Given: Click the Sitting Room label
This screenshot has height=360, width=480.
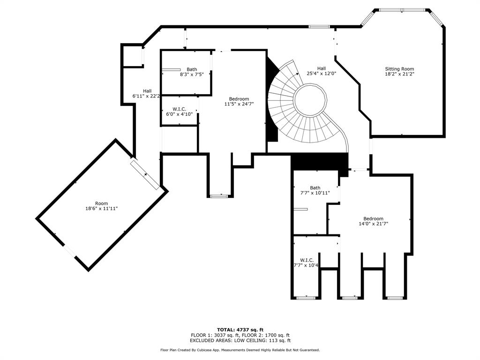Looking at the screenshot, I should pos(399,69).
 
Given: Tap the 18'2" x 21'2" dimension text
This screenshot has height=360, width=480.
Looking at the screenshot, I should pos(399,74).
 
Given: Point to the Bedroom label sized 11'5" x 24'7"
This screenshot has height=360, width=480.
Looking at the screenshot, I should pos(239,99).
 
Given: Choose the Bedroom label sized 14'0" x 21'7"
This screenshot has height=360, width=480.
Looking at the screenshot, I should pos(373,218).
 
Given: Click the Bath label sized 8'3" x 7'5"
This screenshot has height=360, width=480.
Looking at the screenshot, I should pos(192,69).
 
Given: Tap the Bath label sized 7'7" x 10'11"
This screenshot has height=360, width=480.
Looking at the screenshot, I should pos(315,187).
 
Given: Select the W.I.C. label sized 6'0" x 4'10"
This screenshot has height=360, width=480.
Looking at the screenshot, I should pos(179,109).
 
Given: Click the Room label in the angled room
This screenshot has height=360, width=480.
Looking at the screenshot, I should pos(101,203).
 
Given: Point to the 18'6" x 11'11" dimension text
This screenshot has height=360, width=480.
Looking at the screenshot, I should pos(101,209).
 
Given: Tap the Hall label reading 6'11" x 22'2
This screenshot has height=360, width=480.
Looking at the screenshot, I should pos(147,91).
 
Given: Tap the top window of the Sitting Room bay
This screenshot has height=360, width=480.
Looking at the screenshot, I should pos(402,10).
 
